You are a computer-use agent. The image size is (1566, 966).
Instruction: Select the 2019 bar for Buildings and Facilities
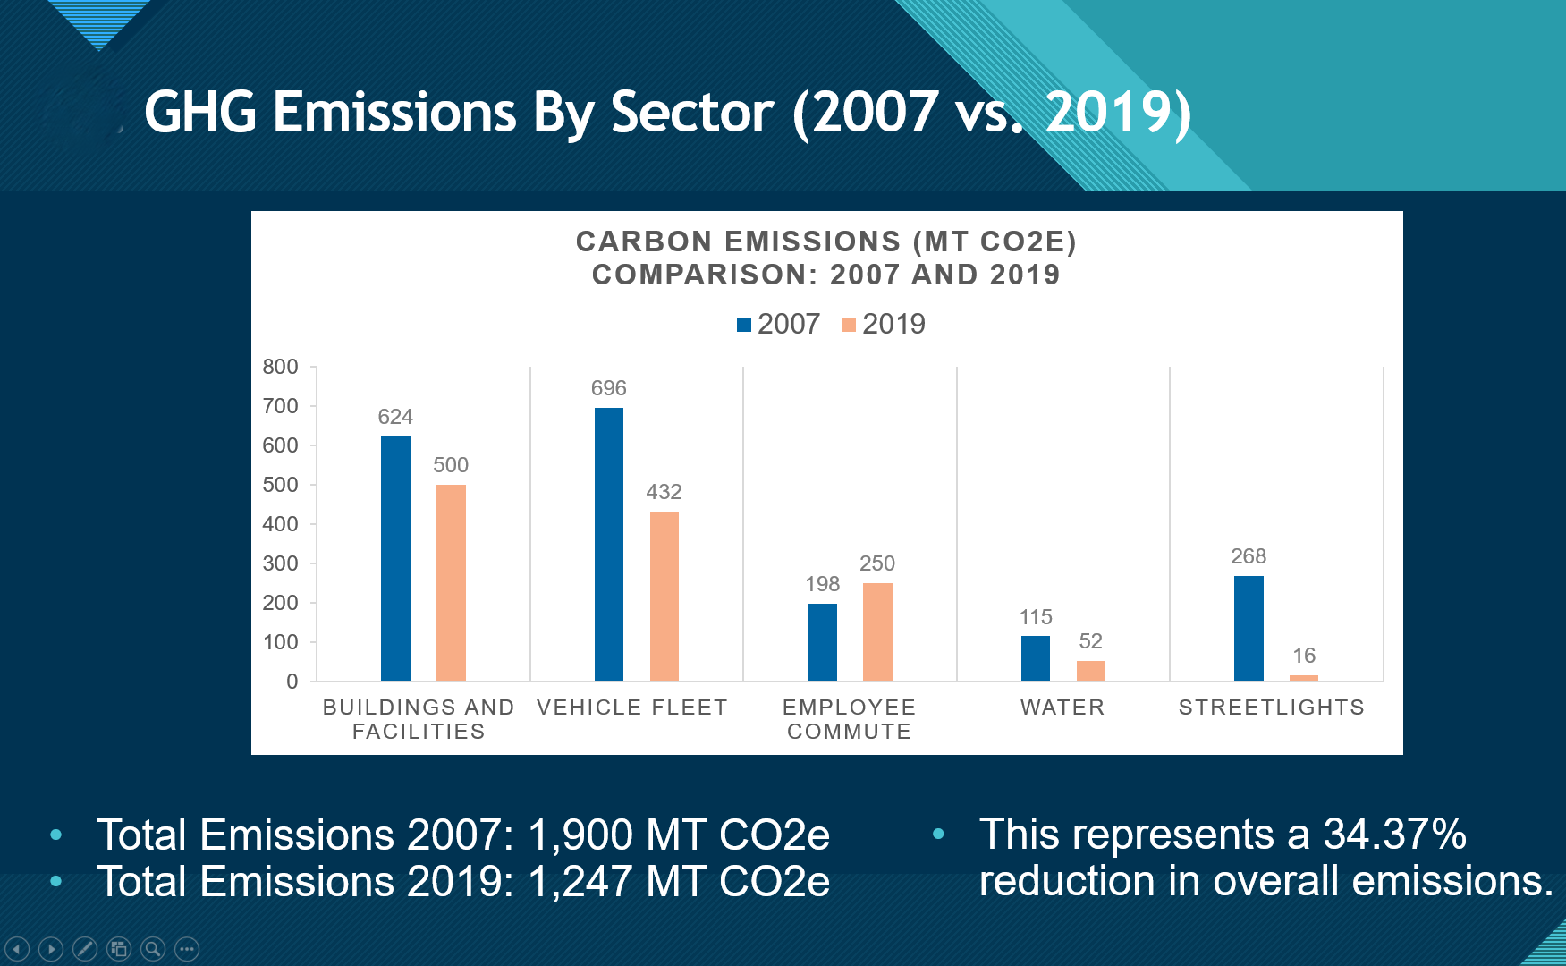451,582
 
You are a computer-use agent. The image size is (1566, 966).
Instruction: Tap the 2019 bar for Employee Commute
877,631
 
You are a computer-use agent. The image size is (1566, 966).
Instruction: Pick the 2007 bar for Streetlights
1249,628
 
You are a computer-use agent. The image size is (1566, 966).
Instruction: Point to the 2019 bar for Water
1091,671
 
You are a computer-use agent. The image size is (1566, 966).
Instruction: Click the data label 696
609,388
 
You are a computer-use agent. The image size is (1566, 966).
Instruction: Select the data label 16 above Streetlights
1304,656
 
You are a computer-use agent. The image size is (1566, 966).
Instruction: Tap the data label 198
822,584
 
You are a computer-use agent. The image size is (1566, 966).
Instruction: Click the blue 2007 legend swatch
744,324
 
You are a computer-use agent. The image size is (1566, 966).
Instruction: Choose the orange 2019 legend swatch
849,324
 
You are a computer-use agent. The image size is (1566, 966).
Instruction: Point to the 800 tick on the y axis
280,367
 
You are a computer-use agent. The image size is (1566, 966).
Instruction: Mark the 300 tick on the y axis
280,563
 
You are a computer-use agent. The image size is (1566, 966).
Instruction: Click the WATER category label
1062,708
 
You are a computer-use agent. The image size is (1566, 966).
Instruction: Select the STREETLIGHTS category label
1271,708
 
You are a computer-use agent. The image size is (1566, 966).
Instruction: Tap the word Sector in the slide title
691,113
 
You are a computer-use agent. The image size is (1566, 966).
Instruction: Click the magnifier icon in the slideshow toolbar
153,948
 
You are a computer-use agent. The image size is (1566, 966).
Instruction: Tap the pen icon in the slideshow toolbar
85,948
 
